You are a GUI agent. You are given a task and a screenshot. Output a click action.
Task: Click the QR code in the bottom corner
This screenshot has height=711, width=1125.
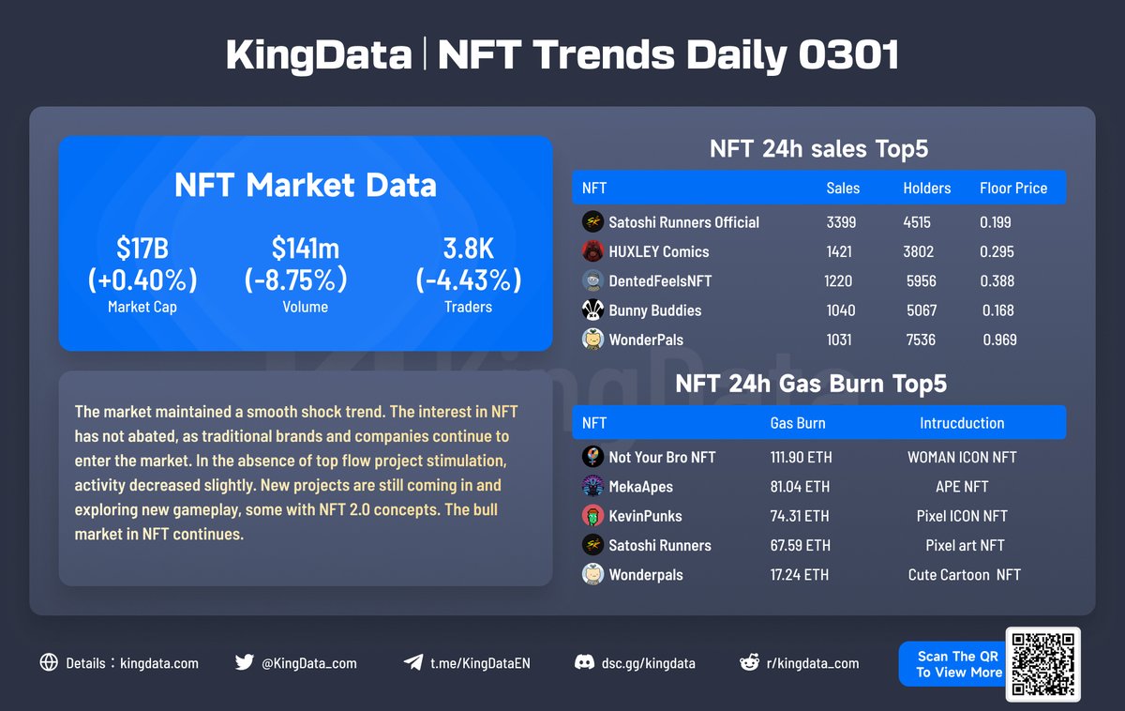[x=1042, y=664]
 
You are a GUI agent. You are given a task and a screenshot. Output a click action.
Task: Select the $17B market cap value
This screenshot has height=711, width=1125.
[x=142, y=250]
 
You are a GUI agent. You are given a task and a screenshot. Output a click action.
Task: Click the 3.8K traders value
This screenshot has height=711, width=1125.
[x=468, y=250]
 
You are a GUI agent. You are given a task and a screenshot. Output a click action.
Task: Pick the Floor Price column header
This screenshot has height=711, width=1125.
[x=1013, y=189]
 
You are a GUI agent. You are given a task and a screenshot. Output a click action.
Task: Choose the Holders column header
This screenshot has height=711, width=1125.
[x=926, y=189]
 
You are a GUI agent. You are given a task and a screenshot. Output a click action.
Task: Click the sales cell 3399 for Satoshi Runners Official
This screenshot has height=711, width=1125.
[x=839, y=222]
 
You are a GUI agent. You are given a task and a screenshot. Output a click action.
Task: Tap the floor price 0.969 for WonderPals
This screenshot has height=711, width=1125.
[x=999, y=340]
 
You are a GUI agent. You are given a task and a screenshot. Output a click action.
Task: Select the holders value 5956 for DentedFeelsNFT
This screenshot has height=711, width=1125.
[x=921, y=280]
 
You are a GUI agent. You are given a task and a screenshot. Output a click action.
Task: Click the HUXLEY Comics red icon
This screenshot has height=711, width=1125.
[x=592, y=251]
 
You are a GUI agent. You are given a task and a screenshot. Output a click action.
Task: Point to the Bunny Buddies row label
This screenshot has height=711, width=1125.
[x=654, y=310]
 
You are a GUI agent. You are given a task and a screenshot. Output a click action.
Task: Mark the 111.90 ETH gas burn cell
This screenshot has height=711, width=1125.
[x=801, y=458]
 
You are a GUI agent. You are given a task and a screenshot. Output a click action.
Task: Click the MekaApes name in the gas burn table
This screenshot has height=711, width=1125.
[x=640, y=487]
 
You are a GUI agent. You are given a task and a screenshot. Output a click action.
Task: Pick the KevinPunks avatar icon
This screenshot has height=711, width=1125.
[x=592, y=516]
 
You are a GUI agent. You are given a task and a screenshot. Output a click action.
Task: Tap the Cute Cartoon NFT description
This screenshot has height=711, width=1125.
[x=964, y=575]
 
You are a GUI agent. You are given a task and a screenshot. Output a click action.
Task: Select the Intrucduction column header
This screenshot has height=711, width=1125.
[x=962, y=423]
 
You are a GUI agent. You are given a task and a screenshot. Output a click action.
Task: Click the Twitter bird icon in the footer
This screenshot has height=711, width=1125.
[x=245, y=662]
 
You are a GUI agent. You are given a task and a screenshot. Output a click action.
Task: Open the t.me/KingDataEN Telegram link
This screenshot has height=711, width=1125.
[x=480, y=663]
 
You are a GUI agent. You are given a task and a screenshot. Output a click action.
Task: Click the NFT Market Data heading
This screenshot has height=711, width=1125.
[x=306, y=185]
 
